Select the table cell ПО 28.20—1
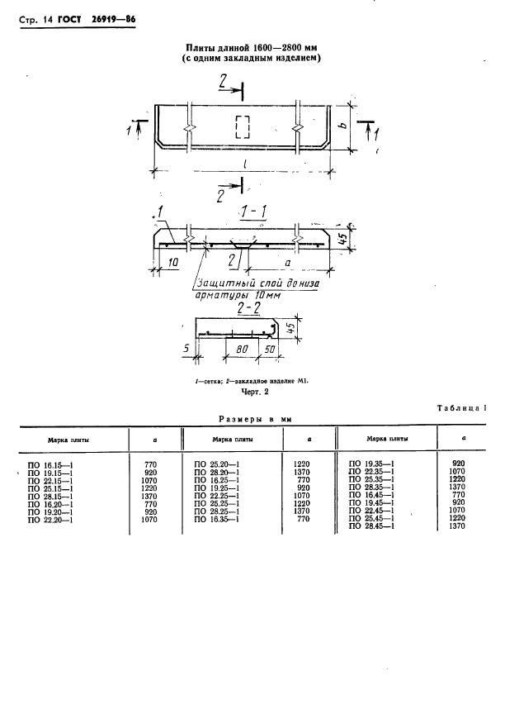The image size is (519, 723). pos(217,473)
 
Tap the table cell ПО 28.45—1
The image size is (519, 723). pos(371,526)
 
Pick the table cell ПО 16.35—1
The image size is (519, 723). pos(217,520)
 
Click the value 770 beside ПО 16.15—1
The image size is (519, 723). pos(151,464)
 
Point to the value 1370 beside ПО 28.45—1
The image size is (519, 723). pos(457,526)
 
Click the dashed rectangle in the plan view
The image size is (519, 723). pos(243,126)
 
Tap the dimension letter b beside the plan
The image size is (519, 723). pos(344,125)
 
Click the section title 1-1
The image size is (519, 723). pos(252,212)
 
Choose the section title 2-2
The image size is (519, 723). pos(248,308)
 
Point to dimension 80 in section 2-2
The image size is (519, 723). pos(243,349)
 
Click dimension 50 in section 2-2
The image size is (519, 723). pos(270,349)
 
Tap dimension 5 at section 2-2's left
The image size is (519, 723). pos(186,348)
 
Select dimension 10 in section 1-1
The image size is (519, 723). pos(172,263)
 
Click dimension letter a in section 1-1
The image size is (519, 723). pos(288,264)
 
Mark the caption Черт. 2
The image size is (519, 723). pos(255,392)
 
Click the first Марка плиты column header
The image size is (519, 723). pos(68,440)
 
